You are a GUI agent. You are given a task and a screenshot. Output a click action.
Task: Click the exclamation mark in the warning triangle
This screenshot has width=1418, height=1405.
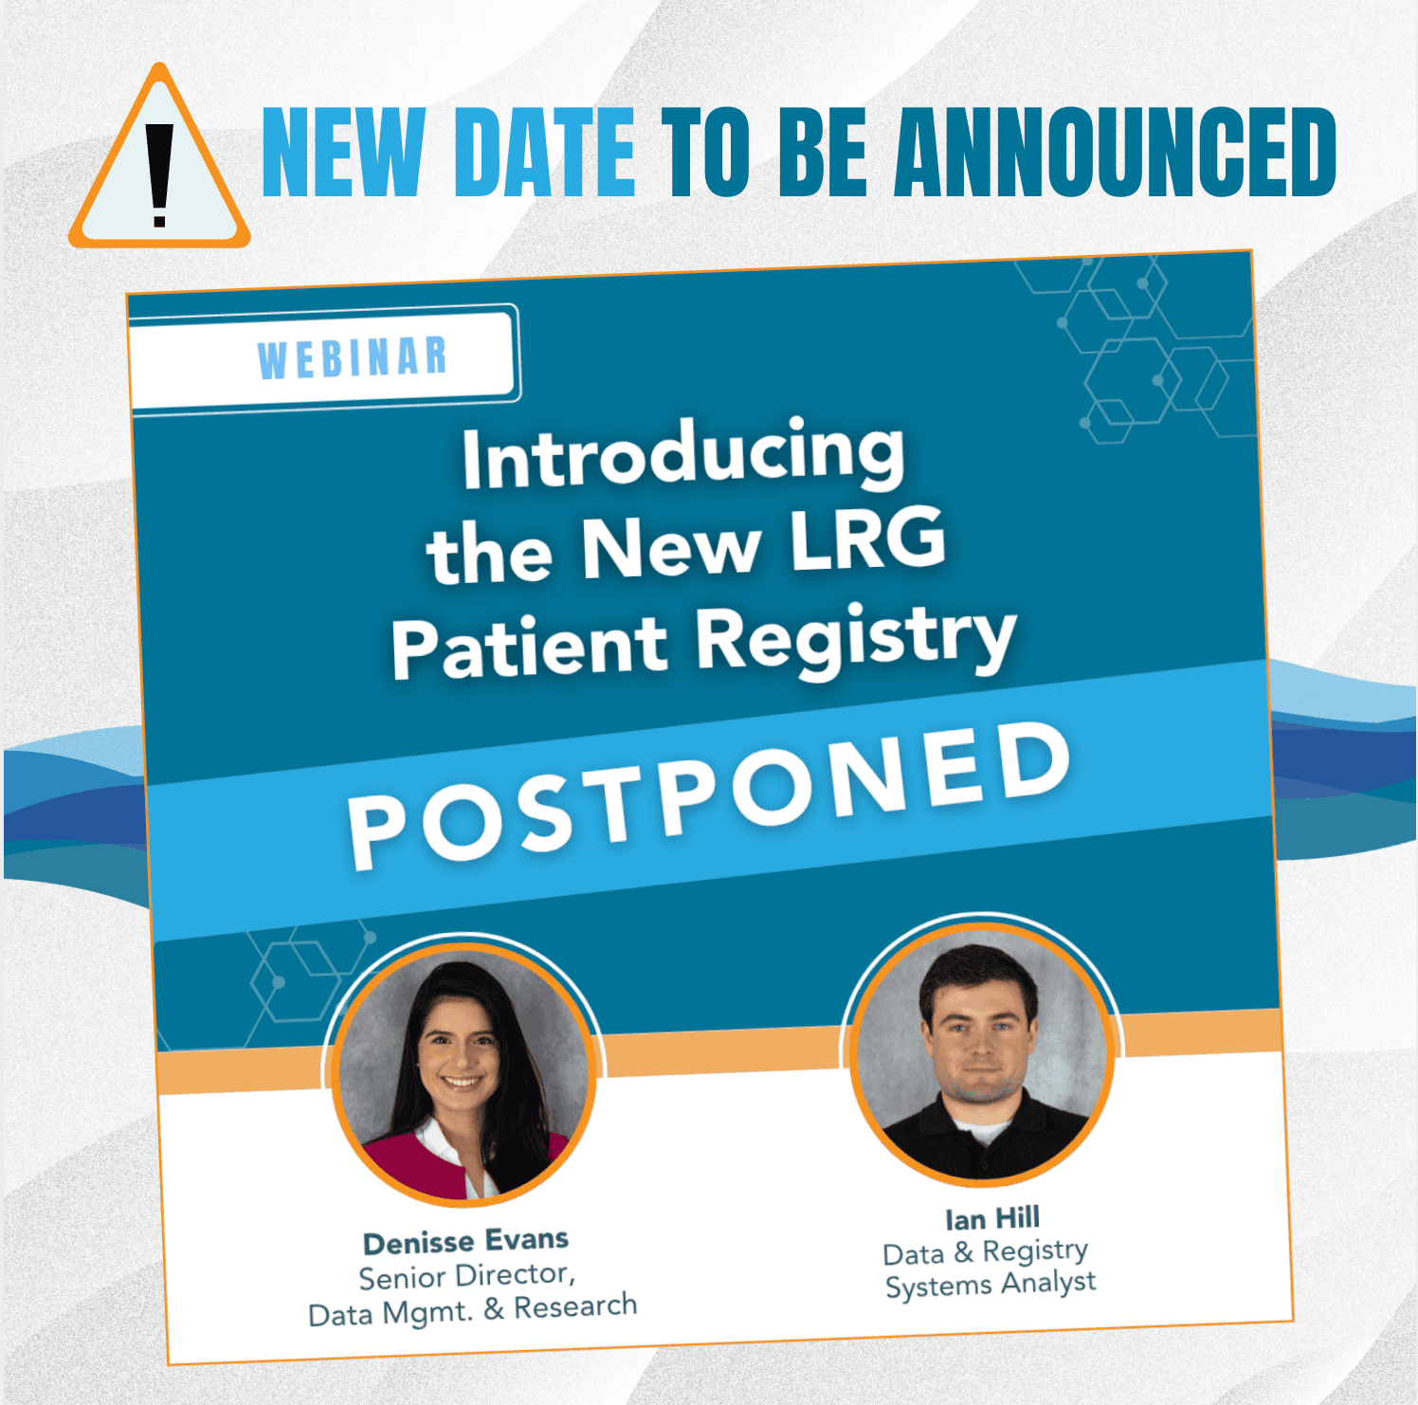[159, 176]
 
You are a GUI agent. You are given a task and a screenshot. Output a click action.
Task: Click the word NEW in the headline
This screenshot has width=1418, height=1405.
[343, 152]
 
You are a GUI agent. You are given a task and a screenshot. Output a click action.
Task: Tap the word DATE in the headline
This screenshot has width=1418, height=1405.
[545, 152]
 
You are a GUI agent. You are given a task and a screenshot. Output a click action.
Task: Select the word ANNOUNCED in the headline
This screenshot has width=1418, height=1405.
[1116, 152]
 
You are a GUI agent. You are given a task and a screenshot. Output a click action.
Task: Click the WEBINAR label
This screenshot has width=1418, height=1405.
[353, 358]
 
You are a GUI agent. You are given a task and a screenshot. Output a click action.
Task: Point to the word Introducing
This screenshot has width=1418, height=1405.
[683, 454]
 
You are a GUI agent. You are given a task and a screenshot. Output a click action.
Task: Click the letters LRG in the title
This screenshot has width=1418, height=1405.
[868, 538]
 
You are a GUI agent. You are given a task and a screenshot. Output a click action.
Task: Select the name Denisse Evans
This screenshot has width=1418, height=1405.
[465, 1241]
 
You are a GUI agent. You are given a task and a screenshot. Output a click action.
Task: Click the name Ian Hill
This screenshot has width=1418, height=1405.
[992, 1218]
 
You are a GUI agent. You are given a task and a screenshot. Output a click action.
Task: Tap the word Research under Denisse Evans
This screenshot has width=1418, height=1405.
[575, 1306]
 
